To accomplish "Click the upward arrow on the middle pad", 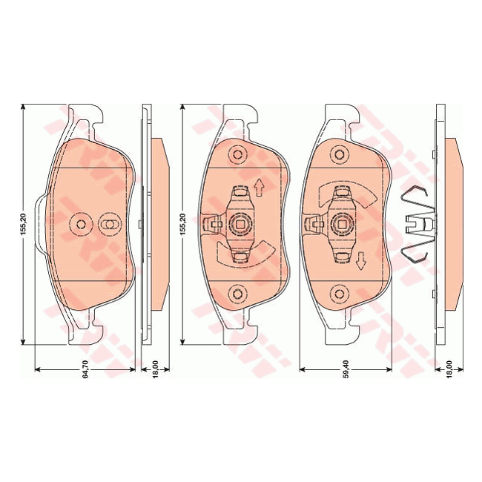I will [260, 188].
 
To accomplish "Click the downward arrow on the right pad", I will [361, 260].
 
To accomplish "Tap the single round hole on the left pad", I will [81, 225].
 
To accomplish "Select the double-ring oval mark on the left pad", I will [108, 225].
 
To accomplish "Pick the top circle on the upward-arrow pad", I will [238, 155].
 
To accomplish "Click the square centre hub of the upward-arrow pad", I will [239, 223].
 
